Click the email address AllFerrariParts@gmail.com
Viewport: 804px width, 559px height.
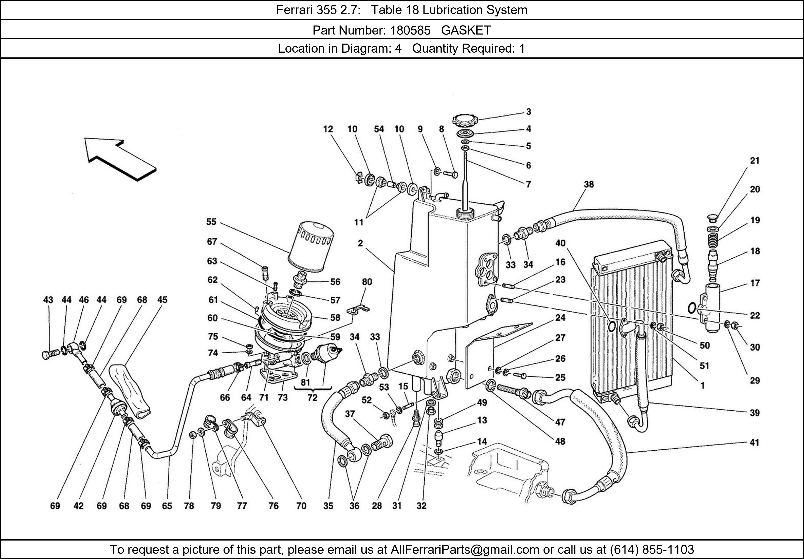click(x=465, y=550)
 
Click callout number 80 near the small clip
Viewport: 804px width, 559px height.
click(x=367, y=282)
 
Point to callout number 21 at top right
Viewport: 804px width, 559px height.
click(x=755, y=161)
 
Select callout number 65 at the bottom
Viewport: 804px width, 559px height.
click(x=167, y=506)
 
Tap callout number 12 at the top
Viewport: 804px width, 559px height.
click(x=328, y=129)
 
